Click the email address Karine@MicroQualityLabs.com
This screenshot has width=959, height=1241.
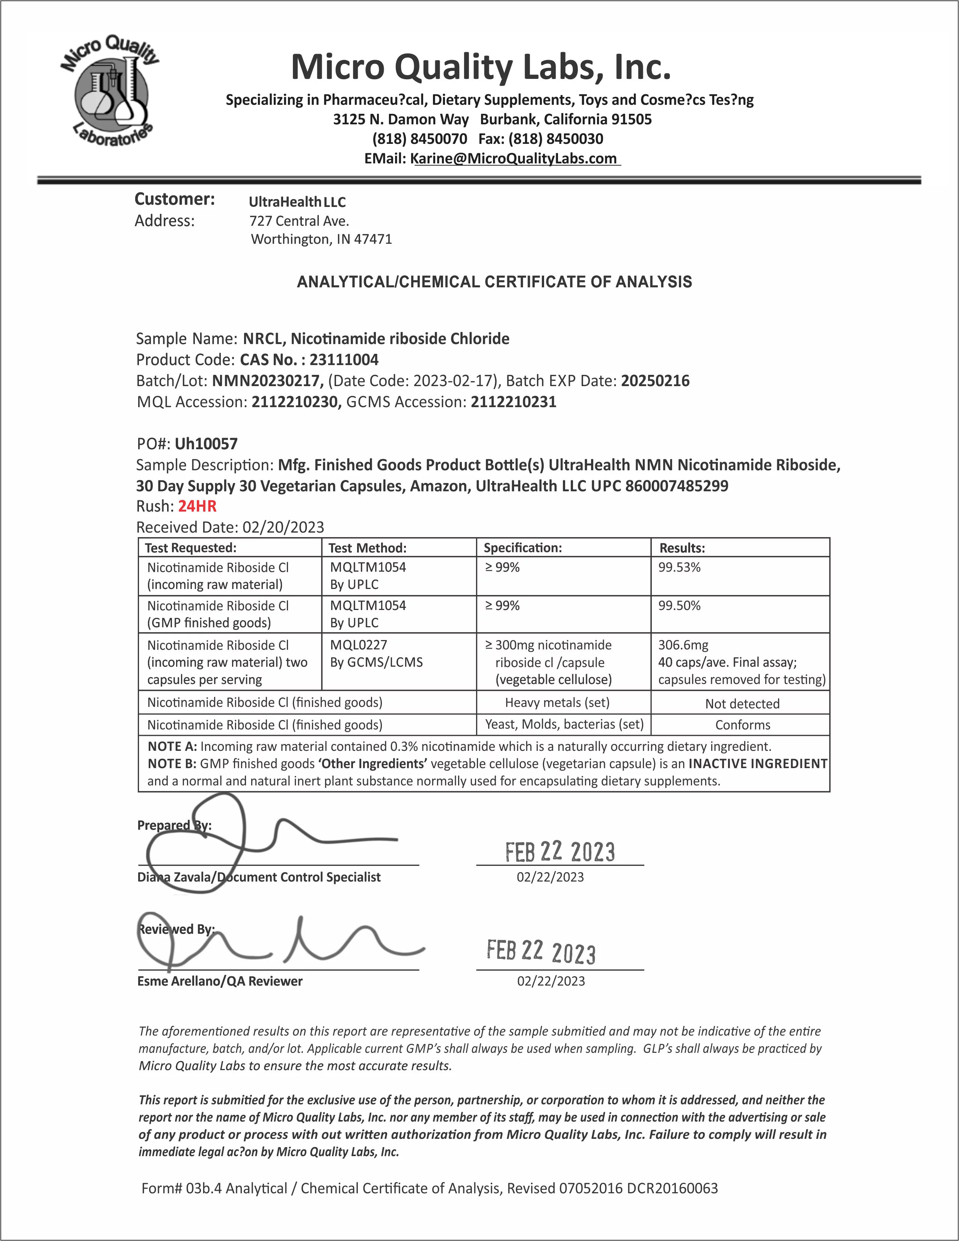pos(514,159)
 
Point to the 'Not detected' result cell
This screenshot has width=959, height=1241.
pos(742,704)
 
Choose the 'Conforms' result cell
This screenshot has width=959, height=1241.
pos(742,725)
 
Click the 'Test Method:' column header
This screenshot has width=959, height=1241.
pos(367,548)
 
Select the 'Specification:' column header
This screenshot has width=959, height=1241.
pos(522,548)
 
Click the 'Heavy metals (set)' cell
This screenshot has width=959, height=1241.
pos(557,702)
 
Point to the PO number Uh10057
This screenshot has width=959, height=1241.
pos(206,444)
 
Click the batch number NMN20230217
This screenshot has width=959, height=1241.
pos(267,381)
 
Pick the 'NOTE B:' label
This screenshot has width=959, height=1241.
pos(172,764)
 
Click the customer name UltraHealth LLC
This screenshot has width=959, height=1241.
pos(297,202)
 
